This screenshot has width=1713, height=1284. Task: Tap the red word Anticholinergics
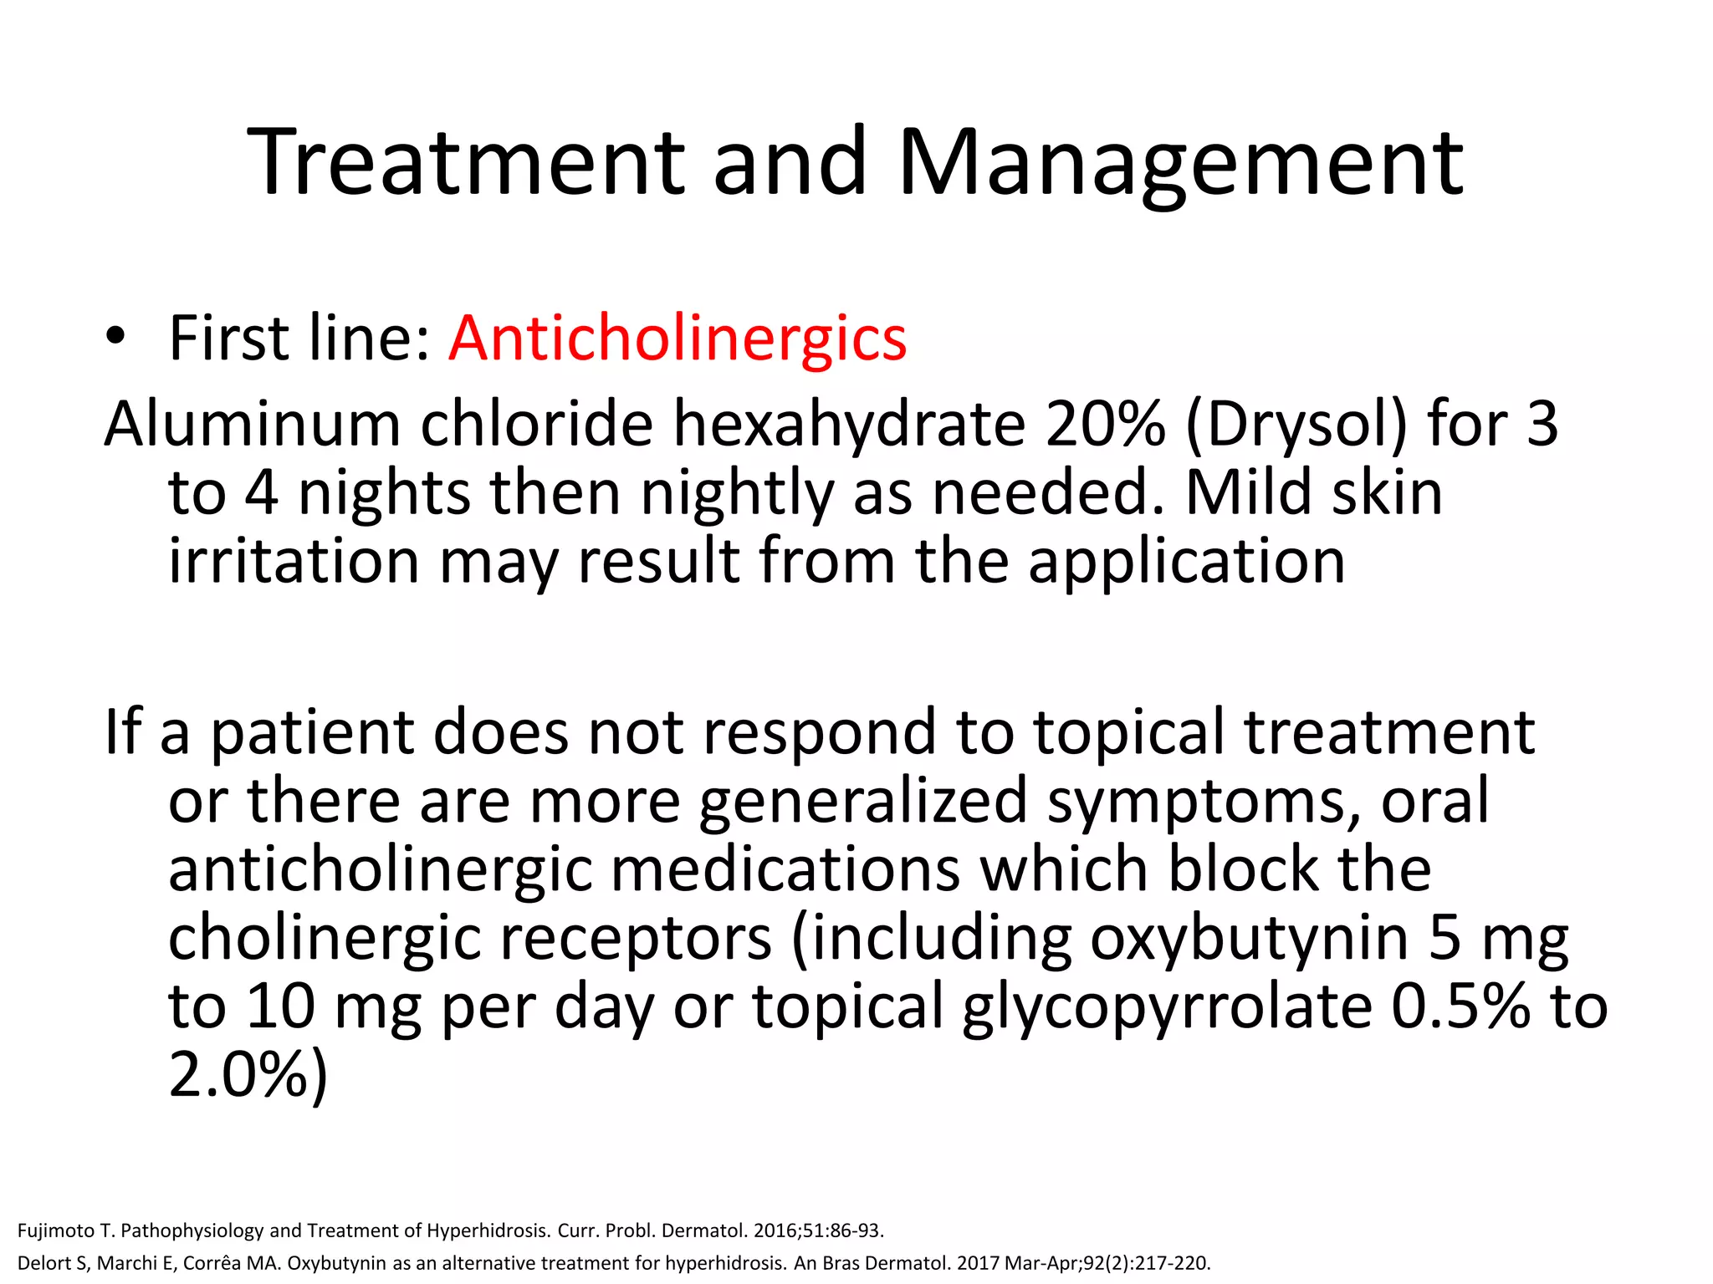point(678,338)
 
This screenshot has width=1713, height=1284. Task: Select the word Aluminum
point(252,424)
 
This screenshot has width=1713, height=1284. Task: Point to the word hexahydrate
point(849,424)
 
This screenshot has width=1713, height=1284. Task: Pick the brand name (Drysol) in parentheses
point(1296,424)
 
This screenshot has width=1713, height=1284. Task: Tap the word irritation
point(294,561)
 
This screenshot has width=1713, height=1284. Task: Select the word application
point(1187,561)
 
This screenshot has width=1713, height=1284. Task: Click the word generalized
point(862,801)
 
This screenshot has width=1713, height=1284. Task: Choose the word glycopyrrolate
point(1167,1006)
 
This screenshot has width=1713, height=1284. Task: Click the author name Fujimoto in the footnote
point(55,1230)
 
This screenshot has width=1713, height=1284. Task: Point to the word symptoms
point(1204,801)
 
